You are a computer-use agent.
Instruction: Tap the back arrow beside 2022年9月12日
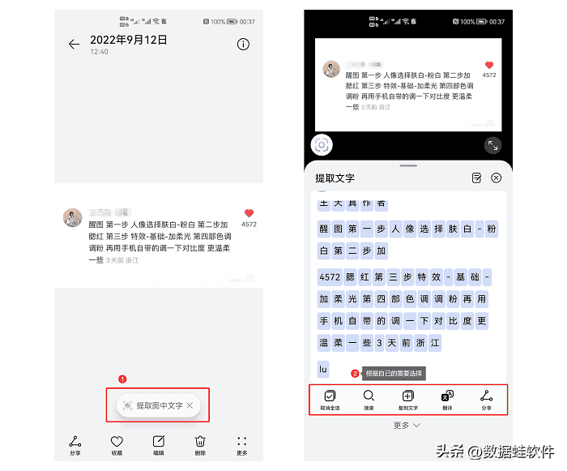pyautogui.click(x=75, y=45)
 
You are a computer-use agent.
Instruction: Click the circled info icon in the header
pyautogui.click(x=243, y=45)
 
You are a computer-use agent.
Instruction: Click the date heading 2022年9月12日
pyautogui.click(x=129, y=40)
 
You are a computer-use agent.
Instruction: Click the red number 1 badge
pyautogui.click(x=122, y=379)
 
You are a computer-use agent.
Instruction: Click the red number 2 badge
pyautogui.click(x=355, y=374)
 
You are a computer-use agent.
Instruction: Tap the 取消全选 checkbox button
pyautogui.click(x=330, y=400)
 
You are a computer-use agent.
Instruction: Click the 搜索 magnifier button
pyautogui.click(x=369, y=400)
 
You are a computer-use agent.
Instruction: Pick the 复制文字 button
pyautogui.click(x=407, y=400)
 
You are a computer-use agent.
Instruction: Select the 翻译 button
pyautogui.click(x=447, y=400)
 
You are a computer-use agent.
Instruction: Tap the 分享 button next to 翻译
pyautogui.click(x=486, y=400)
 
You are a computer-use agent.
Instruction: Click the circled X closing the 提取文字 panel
pyautogui.click(x=497, y=178)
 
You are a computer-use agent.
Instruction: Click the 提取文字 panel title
pyautogui.click(x=335, y=178)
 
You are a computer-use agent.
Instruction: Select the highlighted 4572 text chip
pyautogui.click(x=330, y=276)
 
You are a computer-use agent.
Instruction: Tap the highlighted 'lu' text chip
pyautogui.click(x=323, y=369)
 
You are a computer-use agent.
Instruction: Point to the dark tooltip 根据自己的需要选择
pyautogui.click(x=394, y=374)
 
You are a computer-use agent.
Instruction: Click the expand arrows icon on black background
pyautogui.click(x=492, y=145)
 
